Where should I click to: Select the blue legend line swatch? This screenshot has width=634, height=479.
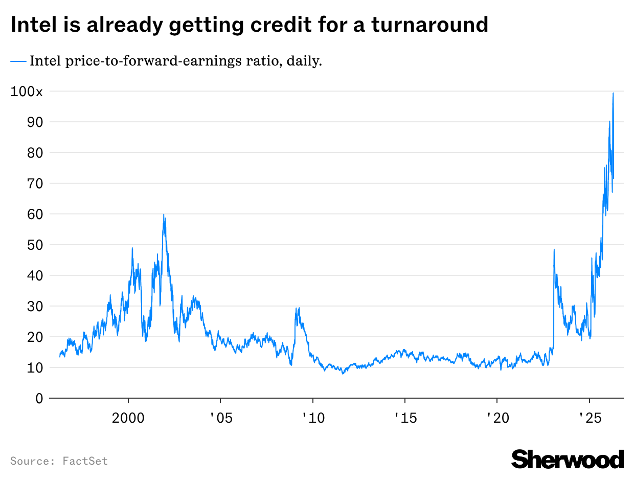pyautogui.click(x=18, y=61)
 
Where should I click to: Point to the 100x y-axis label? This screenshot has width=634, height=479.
pyautogui.click(x=27, y=92)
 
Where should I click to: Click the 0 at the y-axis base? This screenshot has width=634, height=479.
pyautogui.click(x=39, y=398)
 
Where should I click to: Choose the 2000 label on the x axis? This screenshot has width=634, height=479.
pyautogui.click(x=128, y=418)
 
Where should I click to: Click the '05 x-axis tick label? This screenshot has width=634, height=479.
pyautogui.click(x=220, y=418)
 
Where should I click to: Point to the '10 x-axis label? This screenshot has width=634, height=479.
pyautogui.click(x=312, y=418)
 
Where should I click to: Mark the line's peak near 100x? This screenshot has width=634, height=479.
pyautogui.click(x=613, y=93)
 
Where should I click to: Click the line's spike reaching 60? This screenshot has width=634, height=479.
pyautogui.click(x=164, y=214)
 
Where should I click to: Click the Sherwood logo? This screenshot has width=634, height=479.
pyautogui.click(x=568, y=459)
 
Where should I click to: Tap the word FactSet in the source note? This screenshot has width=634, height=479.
pyautogui.click(x=85, y=461)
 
